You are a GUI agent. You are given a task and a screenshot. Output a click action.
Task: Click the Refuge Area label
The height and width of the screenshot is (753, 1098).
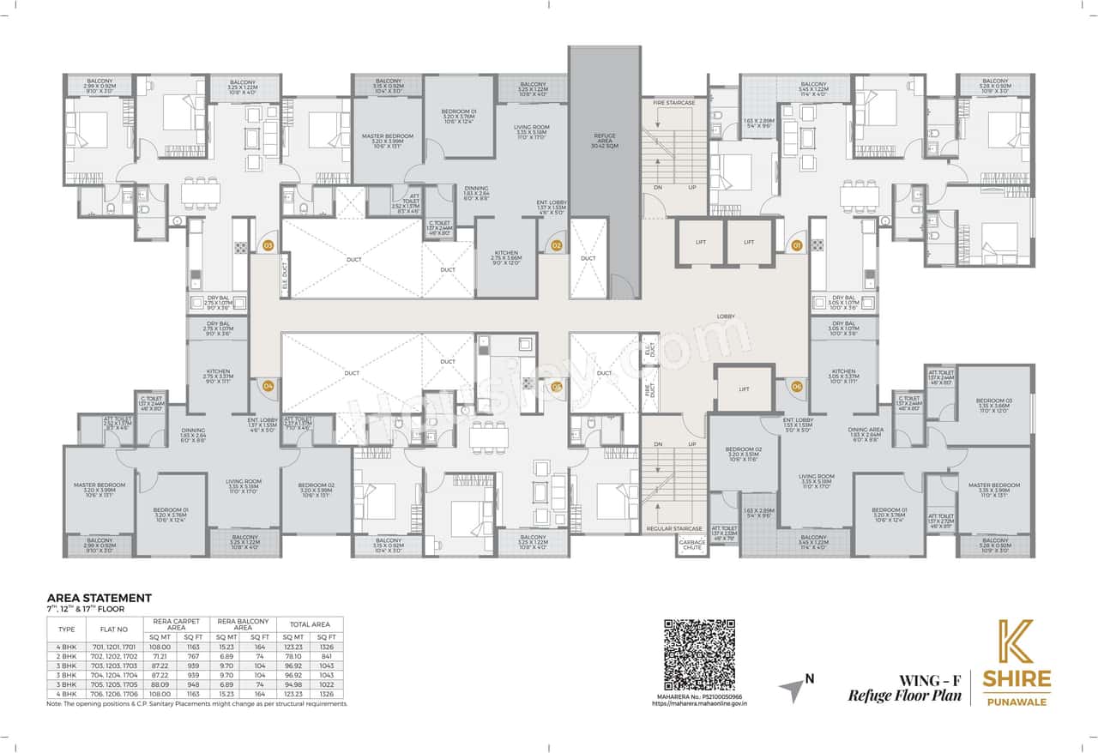[x=605, y=139]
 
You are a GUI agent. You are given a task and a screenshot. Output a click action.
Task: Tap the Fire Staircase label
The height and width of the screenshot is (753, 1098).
[x=673, y=103]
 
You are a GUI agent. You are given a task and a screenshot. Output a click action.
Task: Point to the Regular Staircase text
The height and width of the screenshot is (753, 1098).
[x=673, y=528]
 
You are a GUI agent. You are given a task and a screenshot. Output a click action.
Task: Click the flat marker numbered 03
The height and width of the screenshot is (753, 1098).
[x=268, y=245]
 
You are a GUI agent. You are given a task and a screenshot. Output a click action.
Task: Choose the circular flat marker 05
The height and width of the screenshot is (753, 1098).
[x=556, y=386]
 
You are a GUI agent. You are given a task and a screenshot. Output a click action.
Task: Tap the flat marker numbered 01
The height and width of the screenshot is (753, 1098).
[x=796, y=245]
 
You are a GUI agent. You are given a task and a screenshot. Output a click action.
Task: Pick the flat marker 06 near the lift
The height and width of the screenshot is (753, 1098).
[x=796, y=386]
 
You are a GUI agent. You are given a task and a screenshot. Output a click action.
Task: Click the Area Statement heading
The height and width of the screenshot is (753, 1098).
[x=99, y=598]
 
